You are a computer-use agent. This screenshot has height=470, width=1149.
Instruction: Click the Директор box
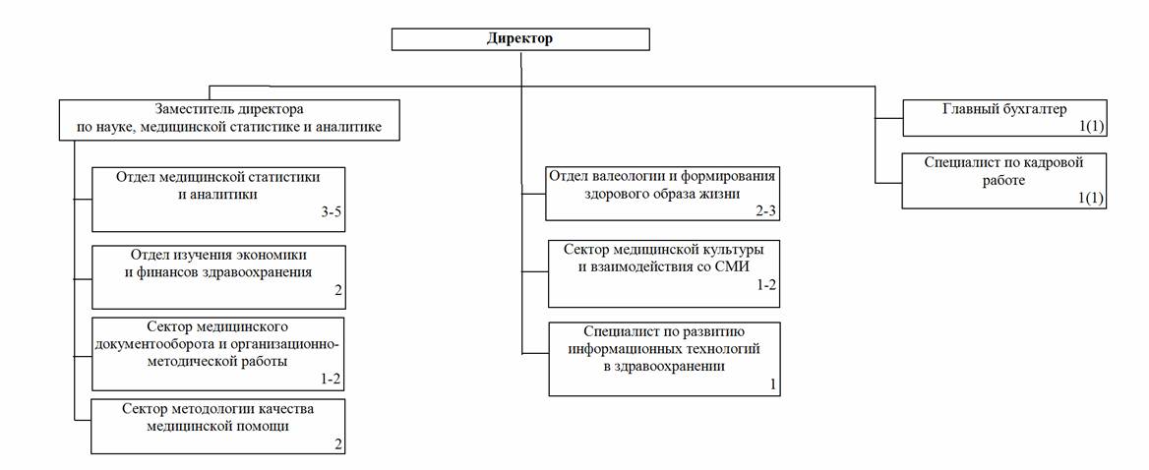[520, 38]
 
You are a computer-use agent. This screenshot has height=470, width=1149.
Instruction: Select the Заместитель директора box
[229, 119]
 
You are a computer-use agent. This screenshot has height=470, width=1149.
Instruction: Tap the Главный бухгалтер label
[1004, 109]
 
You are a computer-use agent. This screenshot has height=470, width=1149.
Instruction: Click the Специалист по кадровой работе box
[1004, 180]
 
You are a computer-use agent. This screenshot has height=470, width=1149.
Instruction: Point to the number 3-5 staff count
[332, 213]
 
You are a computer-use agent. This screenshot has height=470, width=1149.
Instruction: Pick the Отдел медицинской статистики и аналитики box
[218, 200]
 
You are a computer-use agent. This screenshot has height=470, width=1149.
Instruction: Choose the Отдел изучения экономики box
[218, 276]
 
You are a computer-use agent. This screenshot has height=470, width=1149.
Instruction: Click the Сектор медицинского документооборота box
[218, 354]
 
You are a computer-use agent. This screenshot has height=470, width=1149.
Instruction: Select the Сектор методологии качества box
[218, 426]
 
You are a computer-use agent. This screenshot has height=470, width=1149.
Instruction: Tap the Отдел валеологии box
[662, 194]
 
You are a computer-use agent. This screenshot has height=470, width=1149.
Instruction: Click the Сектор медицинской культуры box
[664, 273]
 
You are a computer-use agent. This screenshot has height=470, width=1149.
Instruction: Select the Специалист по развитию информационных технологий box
[664, 359]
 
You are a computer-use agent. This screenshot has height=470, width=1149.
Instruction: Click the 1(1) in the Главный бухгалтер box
[1091, 127]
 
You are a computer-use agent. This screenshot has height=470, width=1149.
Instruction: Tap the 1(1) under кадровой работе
[1091, 200]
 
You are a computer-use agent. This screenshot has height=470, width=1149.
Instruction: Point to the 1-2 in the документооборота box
[332, 379]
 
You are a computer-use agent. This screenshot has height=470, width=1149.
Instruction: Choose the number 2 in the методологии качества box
[338, 443]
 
